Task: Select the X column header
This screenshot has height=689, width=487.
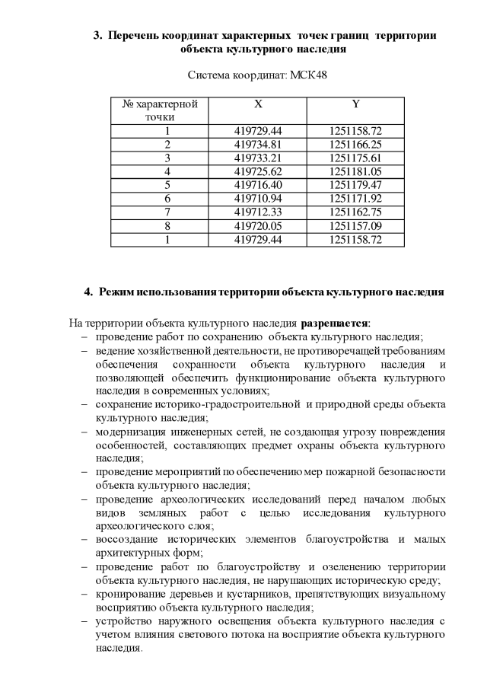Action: (x=258, y=104)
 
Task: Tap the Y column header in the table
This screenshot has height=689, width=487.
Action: (x=355, y=104)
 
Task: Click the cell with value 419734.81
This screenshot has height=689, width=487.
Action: (x=258, y=144)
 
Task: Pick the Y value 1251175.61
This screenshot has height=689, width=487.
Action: (x=355, y=158)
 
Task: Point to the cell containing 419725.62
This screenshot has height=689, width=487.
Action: (x=258, y=171)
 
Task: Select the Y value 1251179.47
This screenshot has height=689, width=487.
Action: (x=355, y=185)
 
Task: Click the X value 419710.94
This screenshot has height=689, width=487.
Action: (x=258, y=199)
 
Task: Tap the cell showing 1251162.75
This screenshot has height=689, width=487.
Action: (x=355, y=212)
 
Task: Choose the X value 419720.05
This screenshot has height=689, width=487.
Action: (x=258, y=226)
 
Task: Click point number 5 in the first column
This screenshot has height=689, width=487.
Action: (x=167, y=185)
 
